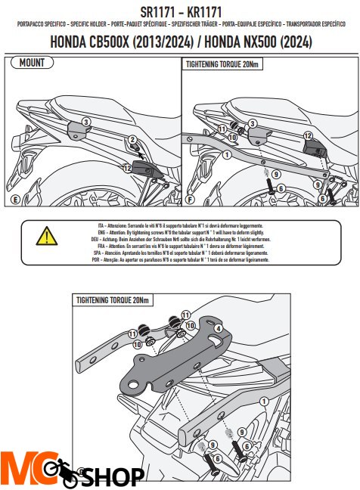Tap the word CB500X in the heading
[x=105, y=44]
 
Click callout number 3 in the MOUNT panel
[x=86, y=121]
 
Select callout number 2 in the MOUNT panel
[x=132, y=140]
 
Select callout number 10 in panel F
[x=233, y=139]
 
